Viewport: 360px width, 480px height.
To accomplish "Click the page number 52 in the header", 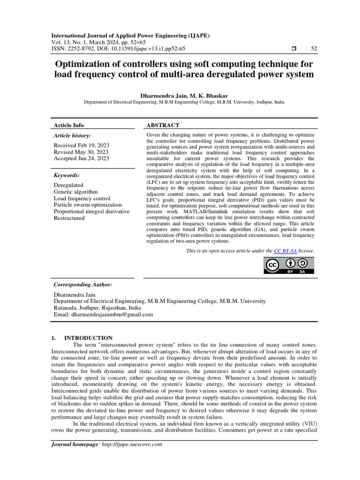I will (314, 49).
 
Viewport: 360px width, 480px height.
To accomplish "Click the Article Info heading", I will (69, 125).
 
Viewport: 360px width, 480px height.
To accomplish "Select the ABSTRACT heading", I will (163, 125).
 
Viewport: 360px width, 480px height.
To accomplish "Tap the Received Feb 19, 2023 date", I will (81, 145).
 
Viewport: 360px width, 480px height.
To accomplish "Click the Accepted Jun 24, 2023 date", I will (81, 158).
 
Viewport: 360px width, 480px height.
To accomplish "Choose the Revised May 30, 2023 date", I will (81, 152).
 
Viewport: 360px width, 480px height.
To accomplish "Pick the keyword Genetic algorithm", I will (75, 192).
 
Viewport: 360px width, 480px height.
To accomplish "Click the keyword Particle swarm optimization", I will (88, 205).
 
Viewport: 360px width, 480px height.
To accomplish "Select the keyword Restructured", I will (69, 218).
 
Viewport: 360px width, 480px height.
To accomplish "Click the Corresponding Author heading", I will (82, 285).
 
